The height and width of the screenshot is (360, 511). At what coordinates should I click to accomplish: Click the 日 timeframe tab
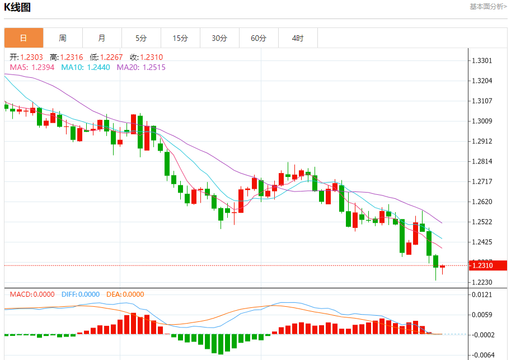point(24,38)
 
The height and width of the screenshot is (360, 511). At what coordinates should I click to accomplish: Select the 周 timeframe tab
point(63,38)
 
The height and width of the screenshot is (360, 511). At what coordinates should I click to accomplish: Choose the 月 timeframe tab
point(102,38)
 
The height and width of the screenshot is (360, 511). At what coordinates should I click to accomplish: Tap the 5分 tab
point(141,38)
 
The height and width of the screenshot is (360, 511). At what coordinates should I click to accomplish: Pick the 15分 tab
point(180,38)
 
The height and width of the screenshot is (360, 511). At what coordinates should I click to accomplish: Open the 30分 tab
point(219,38)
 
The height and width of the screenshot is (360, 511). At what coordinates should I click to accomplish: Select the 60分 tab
point(259,38)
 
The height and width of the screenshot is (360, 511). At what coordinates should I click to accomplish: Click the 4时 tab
point(298,38)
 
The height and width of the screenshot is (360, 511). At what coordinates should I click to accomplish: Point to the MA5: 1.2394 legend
point(32,67)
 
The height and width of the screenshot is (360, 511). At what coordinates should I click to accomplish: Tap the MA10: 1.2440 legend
point(86,67)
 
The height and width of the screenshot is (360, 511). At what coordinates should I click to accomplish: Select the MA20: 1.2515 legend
point(141,67)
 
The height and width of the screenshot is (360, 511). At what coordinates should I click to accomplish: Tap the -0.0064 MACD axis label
point(483,355)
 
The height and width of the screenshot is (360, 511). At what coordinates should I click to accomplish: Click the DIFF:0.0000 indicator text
point(81,294)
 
